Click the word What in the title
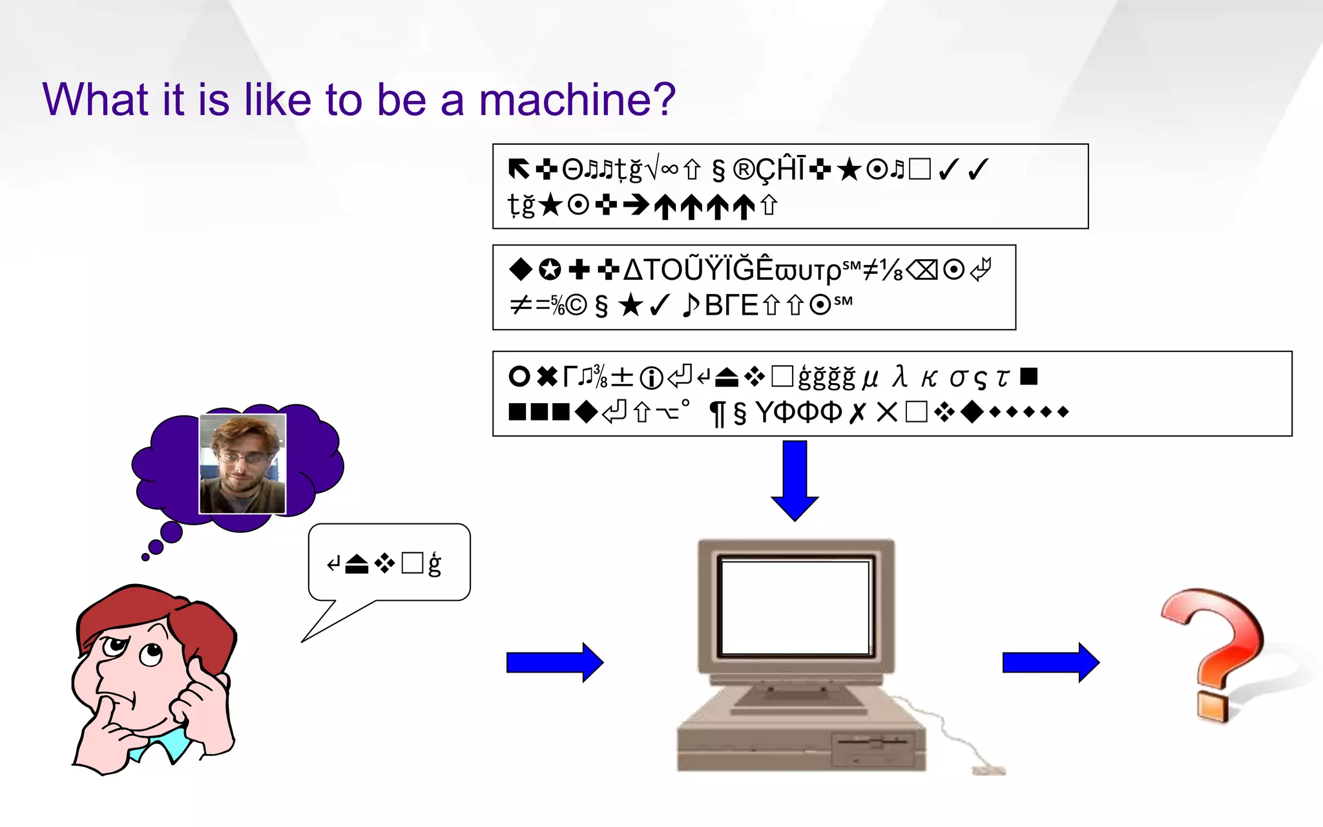click(96, 100)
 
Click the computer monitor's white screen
click(795, 608)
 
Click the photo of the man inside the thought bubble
click(242, 464)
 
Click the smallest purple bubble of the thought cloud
click(145, 556)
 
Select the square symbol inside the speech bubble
click(411, 563)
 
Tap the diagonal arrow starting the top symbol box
click(518, 169)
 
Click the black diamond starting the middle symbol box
click(520, 269)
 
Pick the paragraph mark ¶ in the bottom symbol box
click(716, 413)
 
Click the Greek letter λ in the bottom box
click(900, 377)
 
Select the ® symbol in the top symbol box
click(744, 170)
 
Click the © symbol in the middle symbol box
click(576, 305)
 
